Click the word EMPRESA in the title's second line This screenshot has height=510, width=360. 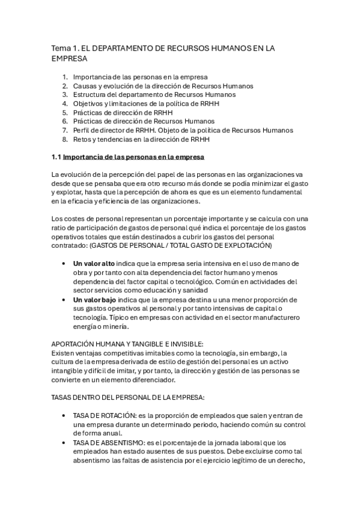[70, 59]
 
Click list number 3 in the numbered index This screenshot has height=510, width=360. [65, 94]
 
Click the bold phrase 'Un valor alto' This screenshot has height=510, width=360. [94, 263]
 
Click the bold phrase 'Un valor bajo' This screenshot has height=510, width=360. [94, 299]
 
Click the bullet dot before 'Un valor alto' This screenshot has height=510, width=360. [64, 263]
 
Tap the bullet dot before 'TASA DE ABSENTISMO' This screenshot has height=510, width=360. [64, 442]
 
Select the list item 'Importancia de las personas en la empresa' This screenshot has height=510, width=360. [140, 77]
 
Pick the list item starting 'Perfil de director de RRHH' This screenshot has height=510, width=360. [183, 130]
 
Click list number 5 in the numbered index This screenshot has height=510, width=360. [65, 112]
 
